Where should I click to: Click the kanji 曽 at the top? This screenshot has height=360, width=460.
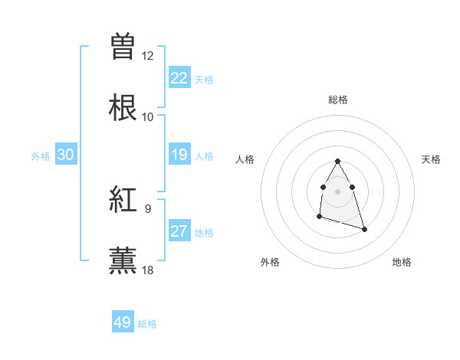tap(123, 47)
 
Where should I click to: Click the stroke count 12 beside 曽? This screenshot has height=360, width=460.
tap(148, 56)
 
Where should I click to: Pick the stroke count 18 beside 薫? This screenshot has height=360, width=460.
tap(148, 270)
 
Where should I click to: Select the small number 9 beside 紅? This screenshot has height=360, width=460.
tap(148, 208)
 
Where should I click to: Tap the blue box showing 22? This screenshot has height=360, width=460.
tap(179, 78)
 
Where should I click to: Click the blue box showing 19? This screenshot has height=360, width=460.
tap(179, 155)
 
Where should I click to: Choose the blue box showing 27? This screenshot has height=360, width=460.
tap(179, 231)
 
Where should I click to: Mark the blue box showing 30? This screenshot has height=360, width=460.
tap(66, 155)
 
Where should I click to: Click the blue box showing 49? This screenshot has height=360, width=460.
tap(123, 322)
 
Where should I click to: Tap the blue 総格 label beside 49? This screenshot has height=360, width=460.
tap(148, 324)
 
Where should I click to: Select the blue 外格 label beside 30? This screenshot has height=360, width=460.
tap(41, 156)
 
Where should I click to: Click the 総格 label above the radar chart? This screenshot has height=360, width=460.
tap(337, 100)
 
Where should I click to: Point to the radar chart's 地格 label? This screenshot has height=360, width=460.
tap(402, 262)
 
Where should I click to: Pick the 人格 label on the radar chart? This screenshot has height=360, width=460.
tap(245, 159)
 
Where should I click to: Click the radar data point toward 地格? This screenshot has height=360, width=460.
tap(364, 229)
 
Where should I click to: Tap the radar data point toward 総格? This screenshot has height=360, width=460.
tap(337, 162)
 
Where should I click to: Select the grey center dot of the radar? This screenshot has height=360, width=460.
tap(337, 190)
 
